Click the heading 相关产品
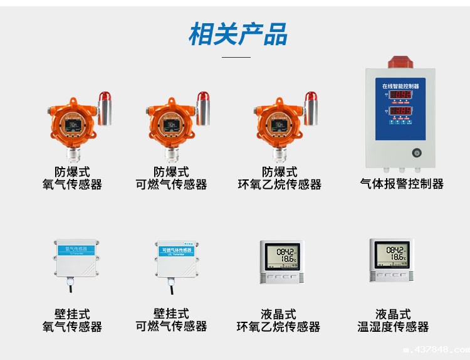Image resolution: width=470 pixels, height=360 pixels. [238, 34]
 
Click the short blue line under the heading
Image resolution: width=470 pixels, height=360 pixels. [236, 57]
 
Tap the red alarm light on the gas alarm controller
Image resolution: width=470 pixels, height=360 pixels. [401, 61]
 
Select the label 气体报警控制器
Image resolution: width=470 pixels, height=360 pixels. [402, 184]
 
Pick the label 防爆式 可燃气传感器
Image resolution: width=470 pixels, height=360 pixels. [171, 178]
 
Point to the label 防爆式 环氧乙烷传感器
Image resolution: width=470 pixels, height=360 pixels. [279, 178]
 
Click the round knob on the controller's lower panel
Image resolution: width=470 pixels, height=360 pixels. [416, 152]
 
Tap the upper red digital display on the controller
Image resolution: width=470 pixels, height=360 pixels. [401, 95]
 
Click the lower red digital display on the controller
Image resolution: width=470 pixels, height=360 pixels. [401, 111]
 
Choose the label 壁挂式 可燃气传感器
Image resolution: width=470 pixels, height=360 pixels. [171, 320]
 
